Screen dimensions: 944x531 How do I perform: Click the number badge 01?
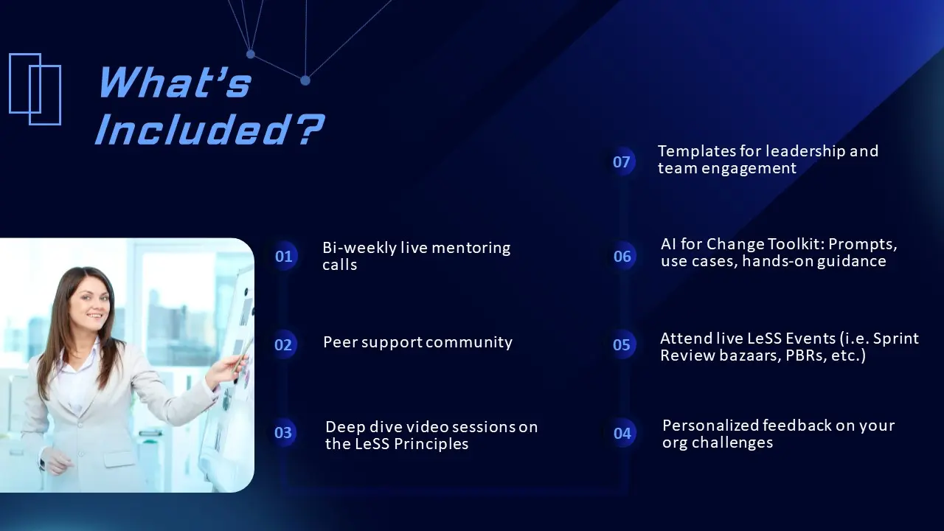coord(284,256)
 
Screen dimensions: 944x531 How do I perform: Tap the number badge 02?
coord(283,344)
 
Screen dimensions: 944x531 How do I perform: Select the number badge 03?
coord(282,432)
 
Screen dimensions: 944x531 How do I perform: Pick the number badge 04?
coord(622,433)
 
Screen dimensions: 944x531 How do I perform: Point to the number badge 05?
coord(622,344)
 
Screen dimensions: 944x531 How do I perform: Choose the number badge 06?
coord(622,256)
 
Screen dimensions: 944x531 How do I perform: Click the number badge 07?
coord(622,162)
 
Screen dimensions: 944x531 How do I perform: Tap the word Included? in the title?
coord(209,129)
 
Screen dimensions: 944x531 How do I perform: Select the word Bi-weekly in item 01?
coord(359,249)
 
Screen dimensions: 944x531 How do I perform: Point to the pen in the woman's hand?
coord(242,358)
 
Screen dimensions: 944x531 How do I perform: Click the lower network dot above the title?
coord(305,80)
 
